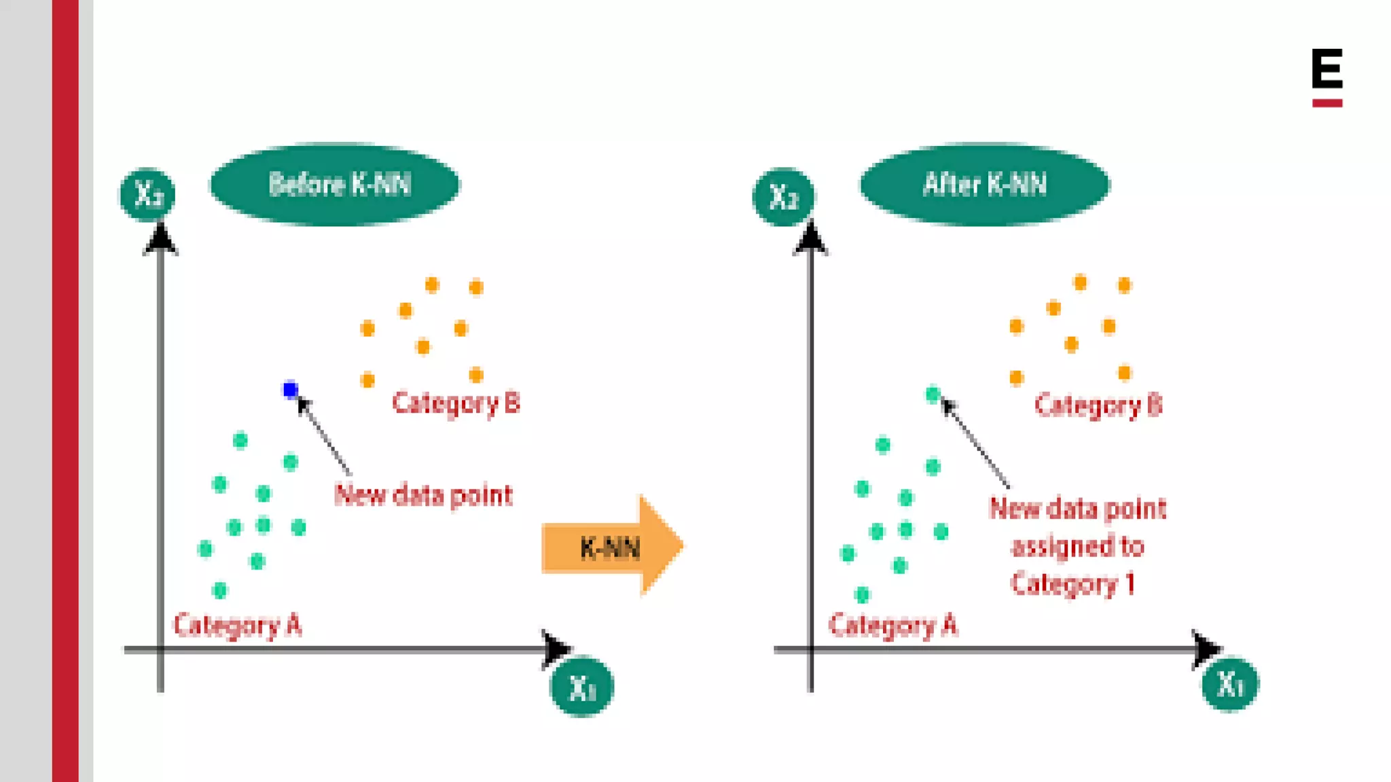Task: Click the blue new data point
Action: pos(291,390)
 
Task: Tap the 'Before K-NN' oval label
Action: pos(335,185)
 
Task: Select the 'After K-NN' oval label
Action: pos(985,185)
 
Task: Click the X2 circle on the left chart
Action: pos(147,195)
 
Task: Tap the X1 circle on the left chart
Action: pos(581,687)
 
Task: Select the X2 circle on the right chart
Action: pos(783,197)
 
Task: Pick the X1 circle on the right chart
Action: pos(1229,684)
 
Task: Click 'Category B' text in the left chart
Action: pos(456,403)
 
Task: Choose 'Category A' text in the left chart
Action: pos(237,625)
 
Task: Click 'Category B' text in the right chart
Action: pos(1098,406)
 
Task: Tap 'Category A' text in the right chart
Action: pos(893,625)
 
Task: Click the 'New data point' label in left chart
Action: pos(423,495)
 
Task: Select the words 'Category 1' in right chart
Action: pos(1072,584)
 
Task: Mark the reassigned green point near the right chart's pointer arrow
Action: pos(933,394)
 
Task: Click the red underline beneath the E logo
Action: pos(1327,103)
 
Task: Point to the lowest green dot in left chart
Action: pos(219,590)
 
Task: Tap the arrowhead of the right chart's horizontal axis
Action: pos(1206,648)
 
